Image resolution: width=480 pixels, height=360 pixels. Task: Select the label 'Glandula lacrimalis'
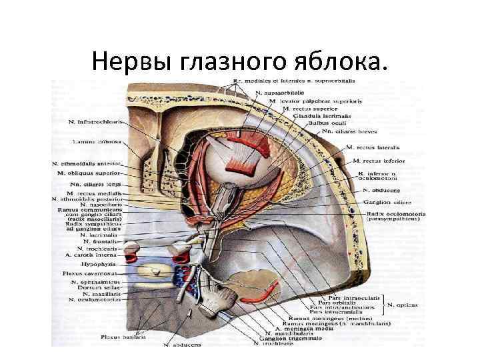[307, 115]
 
